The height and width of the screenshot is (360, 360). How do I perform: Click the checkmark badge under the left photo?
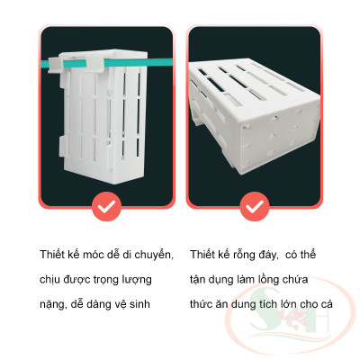tap(107, 208)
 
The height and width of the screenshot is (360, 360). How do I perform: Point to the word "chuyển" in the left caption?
tap(154, 255)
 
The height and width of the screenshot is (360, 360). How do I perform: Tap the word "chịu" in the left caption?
tap(50, 280)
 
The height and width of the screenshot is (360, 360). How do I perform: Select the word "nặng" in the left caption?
tap(53, 304)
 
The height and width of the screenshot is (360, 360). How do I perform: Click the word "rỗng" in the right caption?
tap(247, 255)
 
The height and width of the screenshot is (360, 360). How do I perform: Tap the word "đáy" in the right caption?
tap(277, 255)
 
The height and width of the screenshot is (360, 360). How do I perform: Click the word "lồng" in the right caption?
tap(275, 280)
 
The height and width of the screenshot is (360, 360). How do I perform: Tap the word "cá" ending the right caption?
tap(327, 304)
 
